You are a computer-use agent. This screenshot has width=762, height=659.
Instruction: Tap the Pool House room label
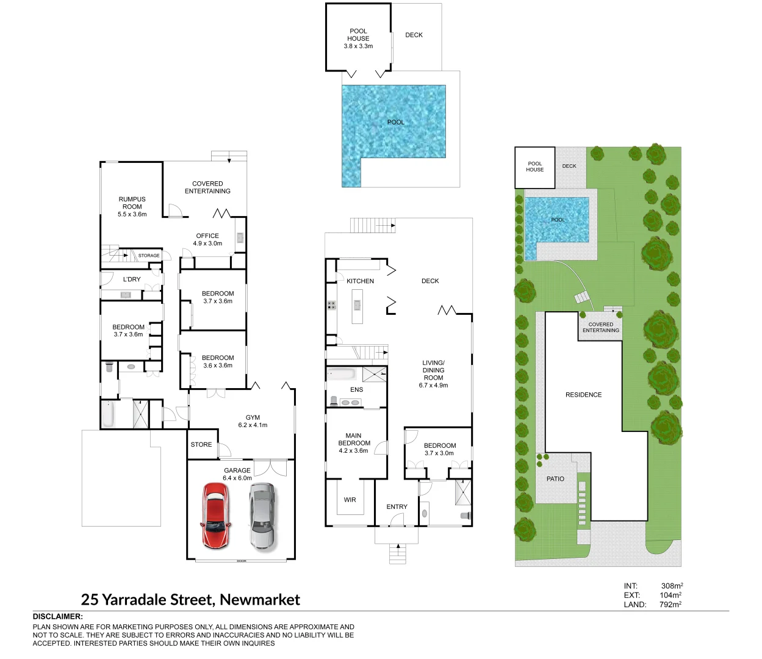[358, 38]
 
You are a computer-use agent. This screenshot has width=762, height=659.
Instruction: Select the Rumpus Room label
[132, 206]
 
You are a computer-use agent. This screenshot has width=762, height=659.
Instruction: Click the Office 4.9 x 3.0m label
[207, 239]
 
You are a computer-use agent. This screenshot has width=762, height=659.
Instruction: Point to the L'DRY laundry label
[132, 279]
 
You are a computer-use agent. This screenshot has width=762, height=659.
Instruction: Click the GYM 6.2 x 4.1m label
[253, 421]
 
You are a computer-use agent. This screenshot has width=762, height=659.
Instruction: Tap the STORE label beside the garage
[201, 445]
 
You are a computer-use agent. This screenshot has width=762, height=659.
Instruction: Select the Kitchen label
[360, 281]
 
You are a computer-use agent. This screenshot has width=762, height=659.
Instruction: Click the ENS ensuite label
[357, 390]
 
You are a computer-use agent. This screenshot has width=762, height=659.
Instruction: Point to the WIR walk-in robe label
[350, 500]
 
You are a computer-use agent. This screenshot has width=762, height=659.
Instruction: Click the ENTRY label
[397, 507]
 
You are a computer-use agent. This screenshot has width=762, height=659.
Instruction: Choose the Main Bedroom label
[354, 443]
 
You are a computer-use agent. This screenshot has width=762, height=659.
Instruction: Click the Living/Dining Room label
[433, 374]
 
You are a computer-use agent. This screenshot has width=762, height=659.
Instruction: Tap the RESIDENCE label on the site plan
[583, 395]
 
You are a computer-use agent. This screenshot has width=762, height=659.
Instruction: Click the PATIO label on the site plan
[555, 479]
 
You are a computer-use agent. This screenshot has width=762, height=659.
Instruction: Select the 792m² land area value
[670, 605]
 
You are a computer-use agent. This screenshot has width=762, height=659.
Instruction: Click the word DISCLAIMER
[57, 617]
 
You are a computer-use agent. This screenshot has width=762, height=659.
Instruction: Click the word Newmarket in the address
[260, 600]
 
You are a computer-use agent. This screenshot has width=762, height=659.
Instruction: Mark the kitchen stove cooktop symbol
[331, 305]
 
